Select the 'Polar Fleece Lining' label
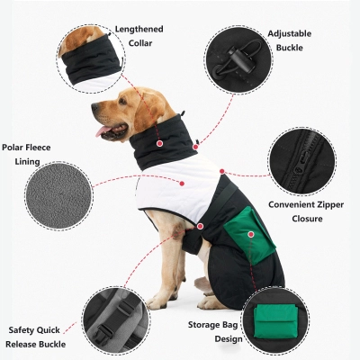pos(27,154)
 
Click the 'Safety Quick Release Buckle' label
pos(40,337)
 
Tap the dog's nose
pos(94,108)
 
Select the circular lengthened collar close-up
pos(90,56)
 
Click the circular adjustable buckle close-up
pos(236,58)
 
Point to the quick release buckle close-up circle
pos(115,319)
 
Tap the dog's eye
pos(120,102)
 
